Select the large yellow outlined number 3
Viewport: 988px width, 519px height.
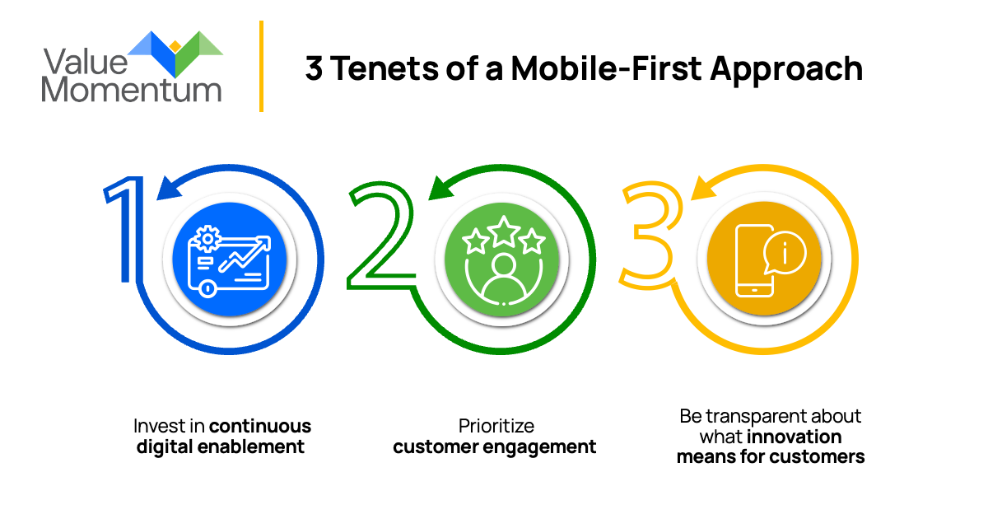click(650, 239)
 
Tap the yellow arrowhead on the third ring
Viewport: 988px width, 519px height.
click(704, 189)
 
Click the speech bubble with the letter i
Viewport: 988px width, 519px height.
click(783, 253)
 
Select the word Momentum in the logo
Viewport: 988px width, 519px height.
click(132, 87)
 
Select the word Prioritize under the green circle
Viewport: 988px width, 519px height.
click(496, 426)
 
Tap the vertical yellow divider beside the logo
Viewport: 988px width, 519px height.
click(261, 66)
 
